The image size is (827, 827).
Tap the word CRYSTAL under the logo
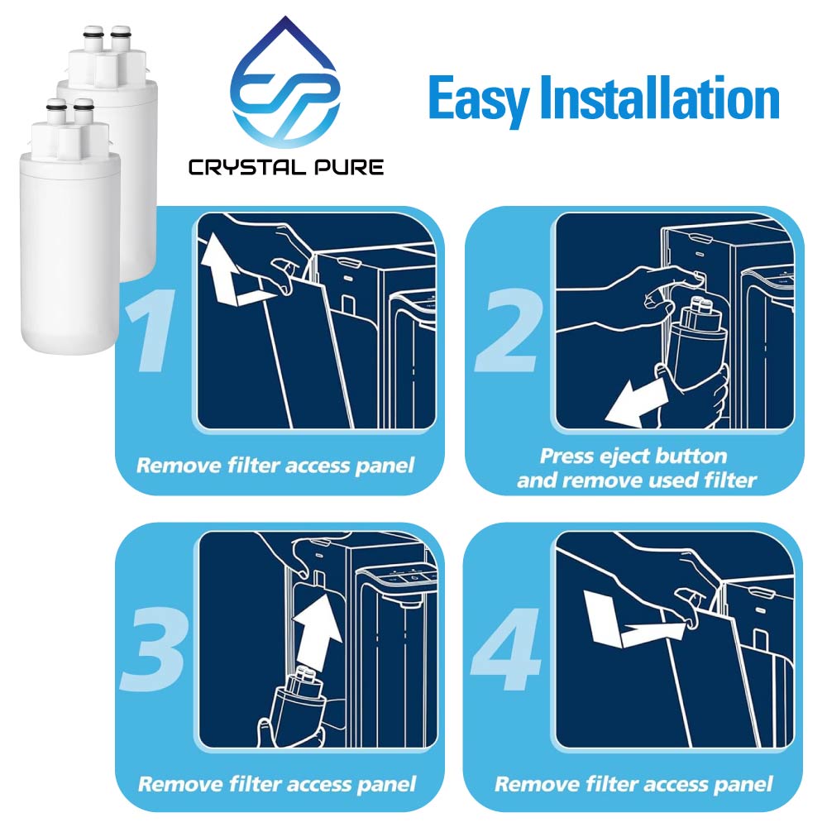(x=241, y=168)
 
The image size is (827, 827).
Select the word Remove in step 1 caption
(x=174, y=466)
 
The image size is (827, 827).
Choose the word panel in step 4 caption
(x=743, y=783)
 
